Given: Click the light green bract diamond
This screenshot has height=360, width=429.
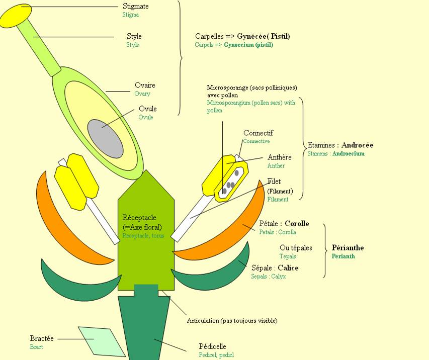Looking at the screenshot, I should pos(102,341).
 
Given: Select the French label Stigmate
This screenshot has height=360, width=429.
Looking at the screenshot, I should pos(136,7).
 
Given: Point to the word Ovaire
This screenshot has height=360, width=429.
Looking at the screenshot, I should pos(145,85).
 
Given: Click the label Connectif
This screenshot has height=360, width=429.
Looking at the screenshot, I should pos(258,133).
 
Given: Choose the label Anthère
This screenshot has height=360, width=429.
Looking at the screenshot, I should pos(279,157).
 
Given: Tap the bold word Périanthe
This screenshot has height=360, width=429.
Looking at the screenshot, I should pos(348,248).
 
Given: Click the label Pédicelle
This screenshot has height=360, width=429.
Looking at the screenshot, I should pos(213,346).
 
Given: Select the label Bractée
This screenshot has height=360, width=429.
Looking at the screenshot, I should pos(42,339).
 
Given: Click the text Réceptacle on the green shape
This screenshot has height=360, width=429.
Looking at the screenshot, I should pos(139,218).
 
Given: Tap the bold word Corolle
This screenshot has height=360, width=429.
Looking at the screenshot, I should pos(297,224).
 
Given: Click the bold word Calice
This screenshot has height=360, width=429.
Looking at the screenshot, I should pos(288,268).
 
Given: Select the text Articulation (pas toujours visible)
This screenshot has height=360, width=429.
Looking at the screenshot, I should pos(232,321).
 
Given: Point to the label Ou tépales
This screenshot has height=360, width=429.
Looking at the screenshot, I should pos(296,248).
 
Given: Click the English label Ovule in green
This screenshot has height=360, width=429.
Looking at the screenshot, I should pos(146,117).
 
